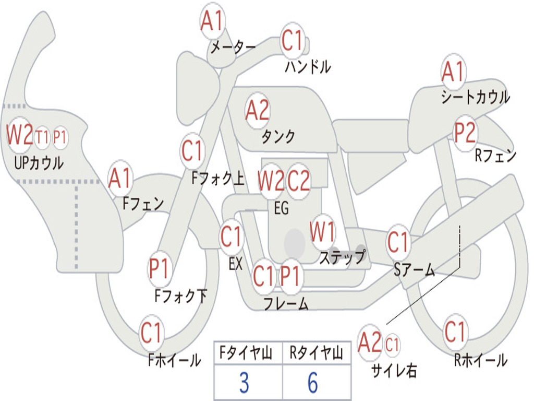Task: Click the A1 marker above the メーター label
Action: pyautogui.click(x=212, y=20)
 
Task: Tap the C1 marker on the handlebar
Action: pyautogui.click(x=292, y=40)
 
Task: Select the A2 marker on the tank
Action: pyautogui.click(x=258, y=111)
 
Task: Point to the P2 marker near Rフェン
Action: pyautogui.click(x=465, y=133)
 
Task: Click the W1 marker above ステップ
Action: pyautogui.click(x=322, y=232)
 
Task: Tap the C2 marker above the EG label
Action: pyautogui.click(x=298, y=181)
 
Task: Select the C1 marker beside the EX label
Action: pyautogui.click(x=232, y=237)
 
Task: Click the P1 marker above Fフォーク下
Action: pyautogui.click(x=159, y=268)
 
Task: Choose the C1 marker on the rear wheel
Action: pyautogui.click(x=455, y=332)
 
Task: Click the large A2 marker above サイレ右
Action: pyautogui.click(x=370, y=342)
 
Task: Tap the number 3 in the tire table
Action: pyautogui.click(x=244, y=382)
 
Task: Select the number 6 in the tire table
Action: pyautogui.click(x=313, y=382)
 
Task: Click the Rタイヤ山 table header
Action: pyautogui.click(x=316, y=352)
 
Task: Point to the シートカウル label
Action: pyautogui.click(x=476, y=97)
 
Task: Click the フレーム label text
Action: pyautogui.click(x=286, y=303)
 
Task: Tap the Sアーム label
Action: pyautogui.click(x=414, y=269)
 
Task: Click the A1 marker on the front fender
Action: pyautogui.click(x=120, y=178)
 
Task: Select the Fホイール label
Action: pyautogui.click(x=174, y=360)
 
